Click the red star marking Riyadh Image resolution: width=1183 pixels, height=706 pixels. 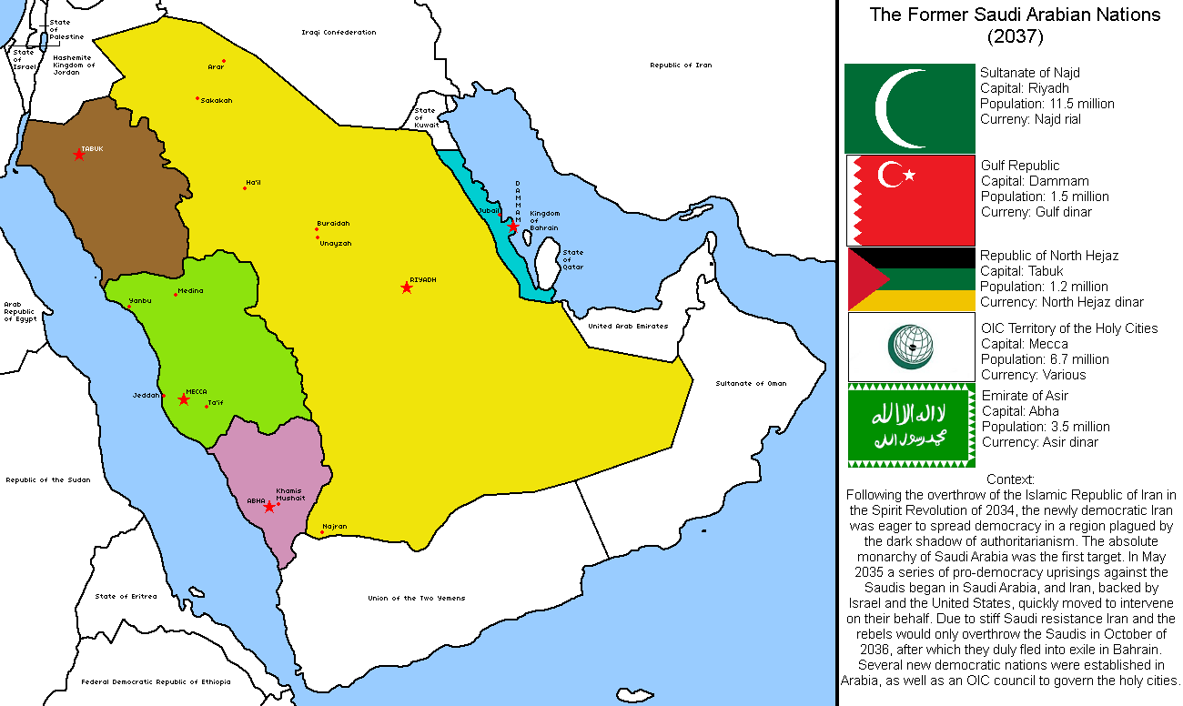407,287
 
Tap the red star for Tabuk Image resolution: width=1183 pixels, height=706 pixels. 79,155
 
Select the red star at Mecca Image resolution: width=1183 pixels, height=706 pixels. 184,399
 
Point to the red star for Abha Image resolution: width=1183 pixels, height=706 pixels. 269,507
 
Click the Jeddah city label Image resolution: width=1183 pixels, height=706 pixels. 146,396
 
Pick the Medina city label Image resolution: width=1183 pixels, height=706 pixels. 190,291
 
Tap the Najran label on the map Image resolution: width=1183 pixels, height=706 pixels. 335,527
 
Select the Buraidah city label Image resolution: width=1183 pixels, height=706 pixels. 333,223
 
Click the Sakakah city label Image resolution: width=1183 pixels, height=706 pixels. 216,101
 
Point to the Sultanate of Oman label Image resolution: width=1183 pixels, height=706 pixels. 750,383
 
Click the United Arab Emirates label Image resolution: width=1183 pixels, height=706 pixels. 628,326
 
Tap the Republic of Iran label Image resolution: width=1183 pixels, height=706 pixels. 681,66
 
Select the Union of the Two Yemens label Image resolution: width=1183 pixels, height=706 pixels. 416,598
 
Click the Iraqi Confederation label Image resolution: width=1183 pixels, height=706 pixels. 339,33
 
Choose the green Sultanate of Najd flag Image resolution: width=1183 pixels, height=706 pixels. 909,108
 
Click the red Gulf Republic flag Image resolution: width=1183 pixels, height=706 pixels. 910,199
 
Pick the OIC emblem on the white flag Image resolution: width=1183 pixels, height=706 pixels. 911,347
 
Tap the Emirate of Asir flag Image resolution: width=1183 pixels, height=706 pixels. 911,426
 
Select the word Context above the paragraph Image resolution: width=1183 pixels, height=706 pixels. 1010,479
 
